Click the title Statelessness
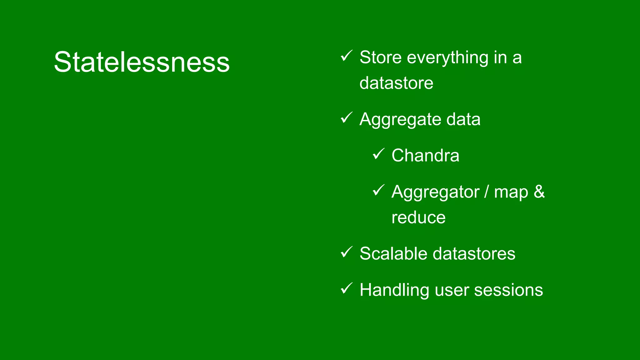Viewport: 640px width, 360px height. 142,62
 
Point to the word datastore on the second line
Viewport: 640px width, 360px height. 396,83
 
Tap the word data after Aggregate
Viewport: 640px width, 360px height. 463,119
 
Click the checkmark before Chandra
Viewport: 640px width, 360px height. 378,154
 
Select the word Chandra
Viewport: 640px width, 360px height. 425,155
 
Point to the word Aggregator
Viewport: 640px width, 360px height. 435,192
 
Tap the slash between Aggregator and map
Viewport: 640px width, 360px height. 487,192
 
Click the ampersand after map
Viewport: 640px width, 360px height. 539,192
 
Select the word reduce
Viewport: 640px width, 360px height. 418,217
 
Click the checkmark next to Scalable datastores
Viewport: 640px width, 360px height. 346,252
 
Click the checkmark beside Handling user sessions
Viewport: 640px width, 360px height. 346,288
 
